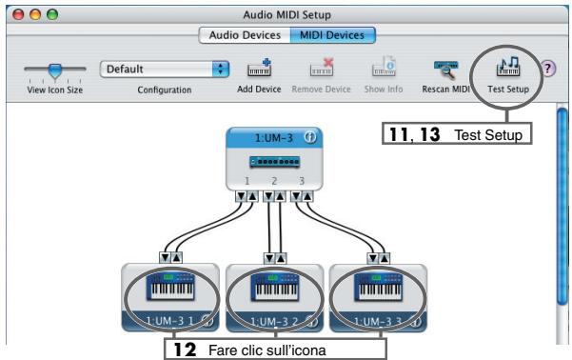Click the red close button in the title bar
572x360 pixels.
(x=13, y=12)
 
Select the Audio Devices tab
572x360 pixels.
(x=239, y=35)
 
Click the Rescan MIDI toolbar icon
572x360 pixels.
(x=445, y=70)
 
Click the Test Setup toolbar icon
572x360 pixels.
(x=507, y=69)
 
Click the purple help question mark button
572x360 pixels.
(x=548, y=70)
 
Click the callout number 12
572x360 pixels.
(x=190, y=350)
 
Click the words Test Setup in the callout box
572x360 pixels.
(x=489, y=136)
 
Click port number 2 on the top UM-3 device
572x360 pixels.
(x=273, y=179)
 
